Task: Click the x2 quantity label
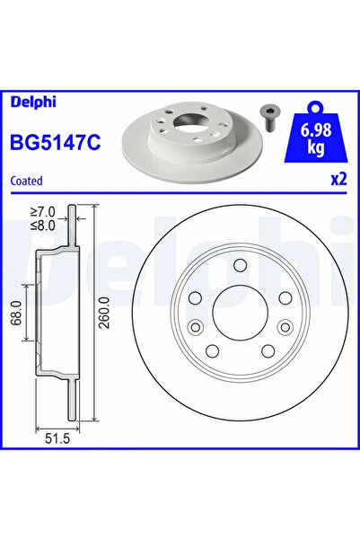tap(338, 179)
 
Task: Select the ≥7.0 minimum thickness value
tap(41, 213)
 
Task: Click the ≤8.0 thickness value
tap(41, 226)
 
